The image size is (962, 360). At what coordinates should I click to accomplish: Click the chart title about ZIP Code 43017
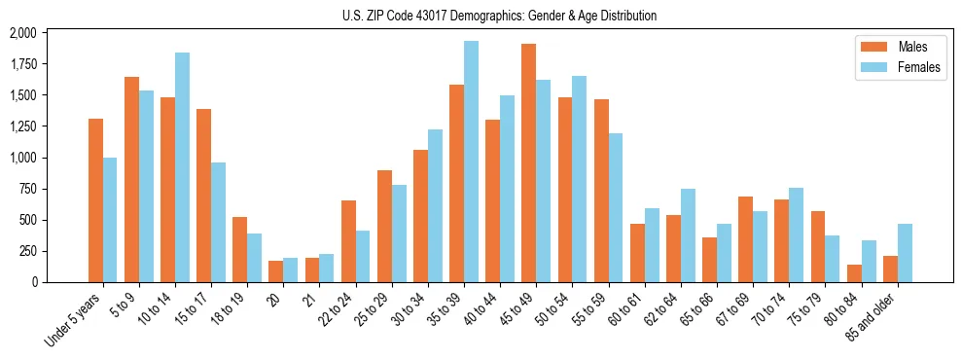click(499, 16)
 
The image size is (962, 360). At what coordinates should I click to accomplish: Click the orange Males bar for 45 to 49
click(529, 163)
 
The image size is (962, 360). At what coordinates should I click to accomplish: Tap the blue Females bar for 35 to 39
click(471, 162)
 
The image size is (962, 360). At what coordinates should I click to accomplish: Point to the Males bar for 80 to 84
click(854, 273)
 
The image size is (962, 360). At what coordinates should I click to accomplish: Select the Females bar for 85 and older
click(905, 253)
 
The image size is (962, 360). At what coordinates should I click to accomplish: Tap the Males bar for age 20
click(276, 271)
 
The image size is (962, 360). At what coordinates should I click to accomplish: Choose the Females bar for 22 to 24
click(363, 256)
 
